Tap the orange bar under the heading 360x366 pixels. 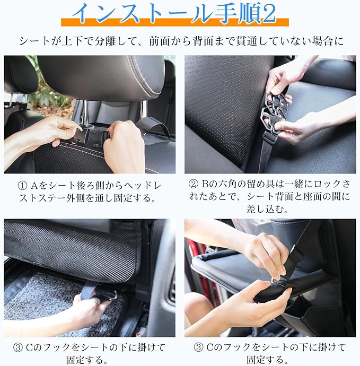175,22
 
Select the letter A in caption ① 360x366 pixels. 33,186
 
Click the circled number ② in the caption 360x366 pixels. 193,185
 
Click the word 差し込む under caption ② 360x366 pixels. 267,208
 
